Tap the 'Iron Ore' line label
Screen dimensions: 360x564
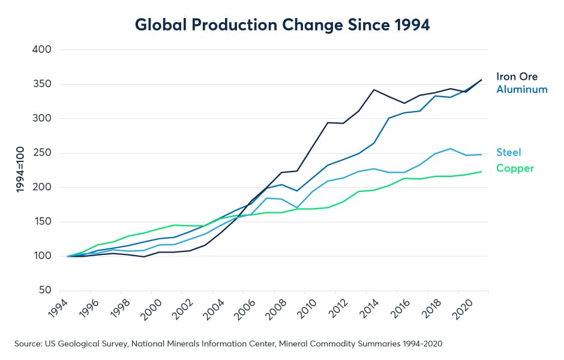pyautogui.click(x=517, y=77)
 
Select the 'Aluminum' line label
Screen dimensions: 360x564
pyautogui.click(x=522, y=89)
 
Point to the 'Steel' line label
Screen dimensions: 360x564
pyautogui.click(x=509, y=152)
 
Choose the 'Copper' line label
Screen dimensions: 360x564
pyautogui.click(x=515, y=169)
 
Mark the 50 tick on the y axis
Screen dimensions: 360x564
pyautogui.click(x=44, y=291)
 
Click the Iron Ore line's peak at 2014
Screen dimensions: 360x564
pyautogui.click(x=374, y=90)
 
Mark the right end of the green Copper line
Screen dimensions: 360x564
pyautogui.click(x=481, y=172)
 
